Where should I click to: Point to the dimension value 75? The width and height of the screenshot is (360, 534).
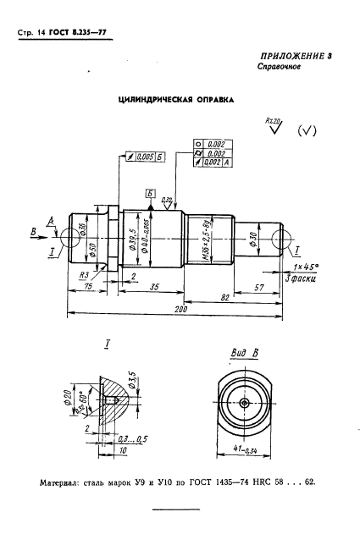tap(87, 288)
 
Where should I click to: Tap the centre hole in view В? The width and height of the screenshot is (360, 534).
tap(244, 404)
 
